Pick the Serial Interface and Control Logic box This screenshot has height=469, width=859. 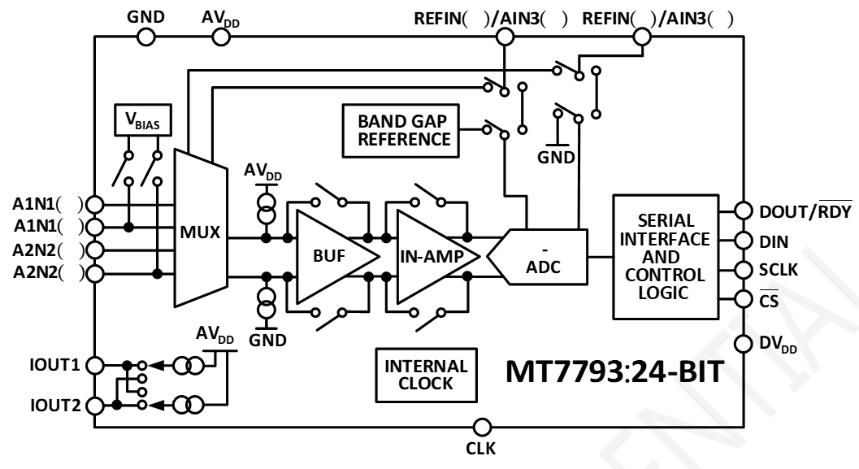point(666,256)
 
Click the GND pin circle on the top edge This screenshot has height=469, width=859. point(145,36)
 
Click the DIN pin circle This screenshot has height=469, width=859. point(740,241)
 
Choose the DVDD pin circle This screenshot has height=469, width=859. point(740,343)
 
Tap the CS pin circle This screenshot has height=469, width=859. point(740,299)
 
